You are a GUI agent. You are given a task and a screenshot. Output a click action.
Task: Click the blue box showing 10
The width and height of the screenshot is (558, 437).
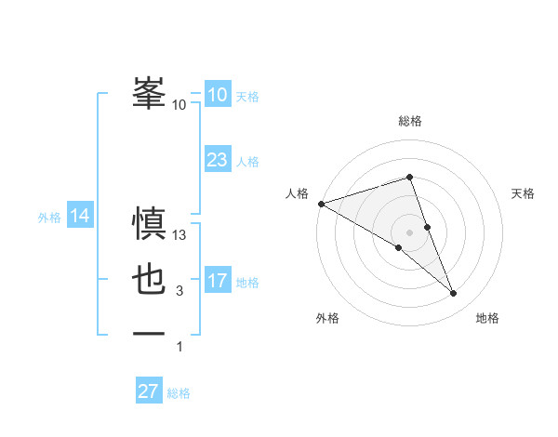click(218, 95)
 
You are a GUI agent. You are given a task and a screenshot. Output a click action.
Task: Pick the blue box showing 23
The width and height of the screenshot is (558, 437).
click(218, 160)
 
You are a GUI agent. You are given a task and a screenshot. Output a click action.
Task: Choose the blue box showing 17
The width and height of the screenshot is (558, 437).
click(218, 281)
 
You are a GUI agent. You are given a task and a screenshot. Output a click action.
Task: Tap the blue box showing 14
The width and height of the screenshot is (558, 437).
click(80, 217)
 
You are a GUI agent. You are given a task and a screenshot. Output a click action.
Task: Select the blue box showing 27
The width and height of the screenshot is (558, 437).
click(149, 391)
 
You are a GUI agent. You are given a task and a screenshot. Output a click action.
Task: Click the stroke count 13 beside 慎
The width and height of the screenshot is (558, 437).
click(179, 236)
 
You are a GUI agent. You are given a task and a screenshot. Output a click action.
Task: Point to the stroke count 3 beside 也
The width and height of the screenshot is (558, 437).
click(179, 291)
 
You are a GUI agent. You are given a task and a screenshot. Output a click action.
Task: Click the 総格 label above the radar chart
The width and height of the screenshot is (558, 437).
click(410, 121)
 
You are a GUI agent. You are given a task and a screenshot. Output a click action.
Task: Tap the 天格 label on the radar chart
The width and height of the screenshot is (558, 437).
click(523, 193)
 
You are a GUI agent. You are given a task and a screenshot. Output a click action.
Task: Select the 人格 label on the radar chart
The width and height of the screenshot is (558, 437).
click(297, 193)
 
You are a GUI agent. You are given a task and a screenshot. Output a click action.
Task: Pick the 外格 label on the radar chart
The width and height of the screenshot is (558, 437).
click(327, 319)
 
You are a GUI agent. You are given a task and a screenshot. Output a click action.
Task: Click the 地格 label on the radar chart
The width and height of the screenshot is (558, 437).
click(487, 319)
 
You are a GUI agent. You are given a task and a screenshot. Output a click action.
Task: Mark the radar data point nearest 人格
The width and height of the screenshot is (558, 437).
click(321, 203)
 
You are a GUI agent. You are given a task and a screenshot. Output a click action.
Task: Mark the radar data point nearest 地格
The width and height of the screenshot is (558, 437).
click(454, 294)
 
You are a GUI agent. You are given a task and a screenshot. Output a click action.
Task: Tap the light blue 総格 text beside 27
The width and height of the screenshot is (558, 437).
click(179, 393)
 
